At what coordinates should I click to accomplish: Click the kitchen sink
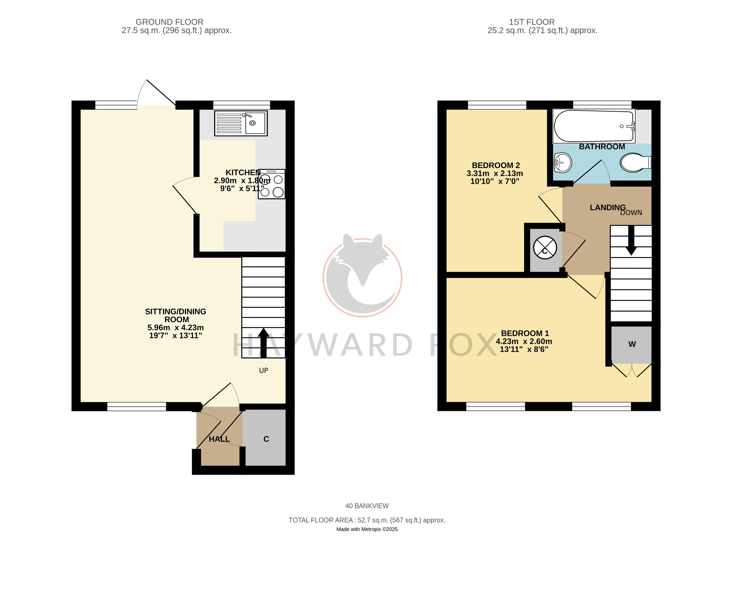point(241,123)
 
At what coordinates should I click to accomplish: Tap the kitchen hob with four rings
point(271,184)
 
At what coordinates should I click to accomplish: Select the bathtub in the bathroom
point(594,126)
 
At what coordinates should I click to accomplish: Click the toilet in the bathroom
point(635,162)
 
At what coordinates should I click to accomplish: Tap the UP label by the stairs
point(264,370)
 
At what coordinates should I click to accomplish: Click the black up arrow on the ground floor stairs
point(264,343)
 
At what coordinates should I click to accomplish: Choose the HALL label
point(219,439)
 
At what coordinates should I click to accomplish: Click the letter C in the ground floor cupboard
point(266,439)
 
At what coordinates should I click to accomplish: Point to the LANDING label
point(608,208)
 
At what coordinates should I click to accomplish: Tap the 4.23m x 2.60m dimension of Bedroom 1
point(524,341)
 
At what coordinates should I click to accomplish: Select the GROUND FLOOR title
point(169,22)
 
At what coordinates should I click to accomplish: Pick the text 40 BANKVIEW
point(367,506)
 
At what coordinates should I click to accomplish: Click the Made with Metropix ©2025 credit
point(367,529)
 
